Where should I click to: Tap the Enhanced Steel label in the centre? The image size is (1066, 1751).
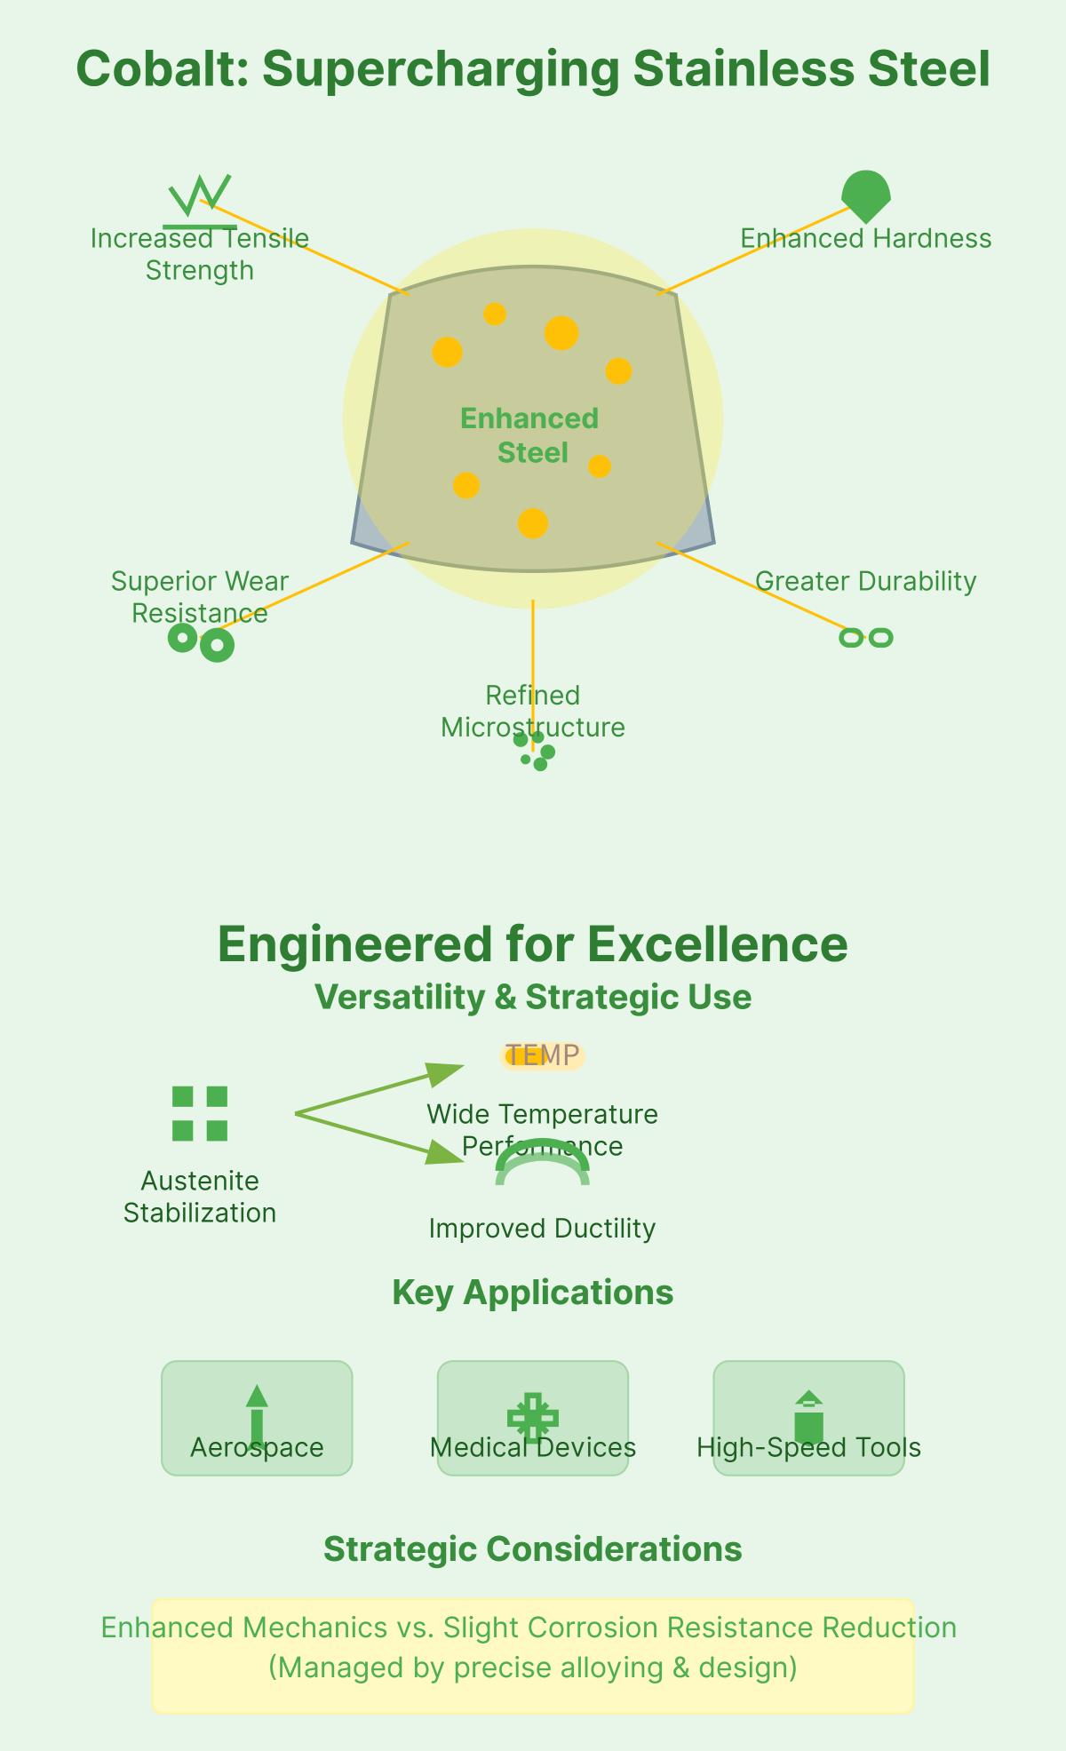click(530, 435)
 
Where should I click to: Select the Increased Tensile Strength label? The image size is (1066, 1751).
click(200, 254)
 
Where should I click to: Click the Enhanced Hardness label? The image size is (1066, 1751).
click(865, 238)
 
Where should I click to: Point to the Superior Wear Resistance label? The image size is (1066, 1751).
click(200, 596)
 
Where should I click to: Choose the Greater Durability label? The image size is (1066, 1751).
click(865, 581)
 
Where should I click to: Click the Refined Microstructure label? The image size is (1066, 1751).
click(533, 711)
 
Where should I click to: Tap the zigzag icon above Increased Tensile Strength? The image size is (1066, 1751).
click(200, 197)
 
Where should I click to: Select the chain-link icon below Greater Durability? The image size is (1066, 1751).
click(865, 637)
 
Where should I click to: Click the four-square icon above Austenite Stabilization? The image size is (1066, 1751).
click(200, 1112)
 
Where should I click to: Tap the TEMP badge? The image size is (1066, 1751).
click(542, 1055)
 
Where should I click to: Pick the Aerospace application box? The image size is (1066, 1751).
click(257, 1418)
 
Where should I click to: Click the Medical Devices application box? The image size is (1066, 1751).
click(533, 1418)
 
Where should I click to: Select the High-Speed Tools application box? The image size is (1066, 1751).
click(808, 1418)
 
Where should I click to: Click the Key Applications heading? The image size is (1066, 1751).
click(533, 1293)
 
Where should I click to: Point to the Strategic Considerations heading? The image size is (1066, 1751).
click(533, 1549)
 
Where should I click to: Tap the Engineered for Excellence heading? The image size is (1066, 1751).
click(533, 943)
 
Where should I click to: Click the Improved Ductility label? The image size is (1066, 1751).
click(542, 1229)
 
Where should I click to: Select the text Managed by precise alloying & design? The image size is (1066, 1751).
click(533, 1667)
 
